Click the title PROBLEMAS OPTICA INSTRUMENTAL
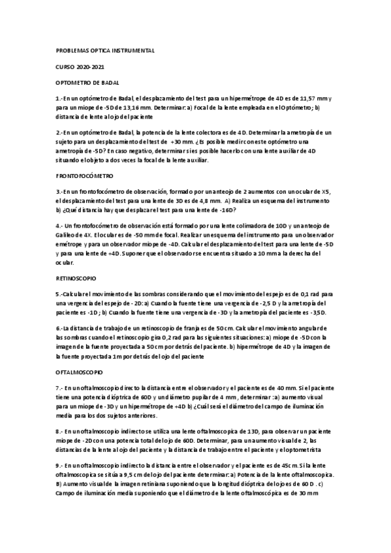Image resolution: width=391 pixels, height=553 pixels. click(105, 50)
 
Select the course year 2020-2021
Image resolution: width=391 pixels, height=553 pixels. click(92, 67)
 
